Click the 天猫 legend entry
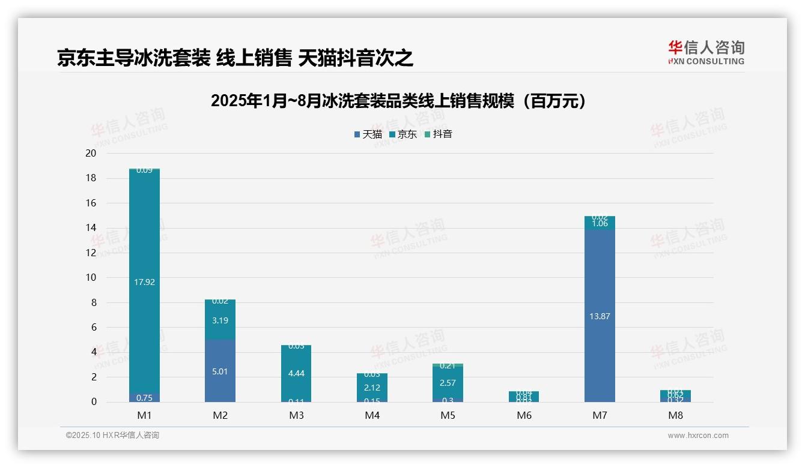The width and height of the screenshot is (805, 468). point(368,134)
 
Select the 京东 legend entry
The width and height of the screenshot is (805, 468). point(403,134)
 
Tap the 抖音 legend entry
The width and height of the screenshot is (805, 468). point(439,134)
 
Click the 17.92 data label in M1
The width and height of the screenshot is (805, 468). point(145,281)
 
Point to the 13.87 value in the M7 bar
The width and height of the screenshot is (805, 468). point(600,316)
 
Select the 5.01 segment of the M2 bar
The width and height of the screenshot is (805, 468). point(220,371)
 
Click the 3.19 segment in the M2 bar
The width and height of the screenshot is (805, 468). point(220,320)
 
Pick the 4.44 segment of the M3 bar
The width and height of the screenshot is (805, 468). point(296,373)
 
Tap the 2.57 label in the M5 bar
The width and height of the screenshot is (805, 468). point(448,383)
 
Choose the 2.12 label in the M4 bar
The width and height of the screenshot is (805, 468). point(372,388)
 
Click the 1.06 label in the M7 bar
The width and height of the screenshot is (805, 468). point(600,223)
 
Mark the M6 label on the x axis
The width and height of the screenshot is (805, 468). point(524,416)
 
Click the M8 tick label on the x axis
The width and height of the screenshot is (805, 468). point(675,416)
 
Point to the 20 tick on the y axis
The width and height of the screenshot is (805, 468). point(91,154)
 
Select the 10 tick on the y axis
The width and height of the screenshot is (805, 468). point(91,278)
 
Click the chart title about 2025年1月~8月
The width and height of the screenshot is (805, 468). point(398,101)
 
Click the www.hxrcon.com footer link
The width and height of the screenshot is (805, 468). point(697,436)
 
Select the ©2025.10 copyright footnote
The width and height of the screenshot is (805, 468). point(112,436)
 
